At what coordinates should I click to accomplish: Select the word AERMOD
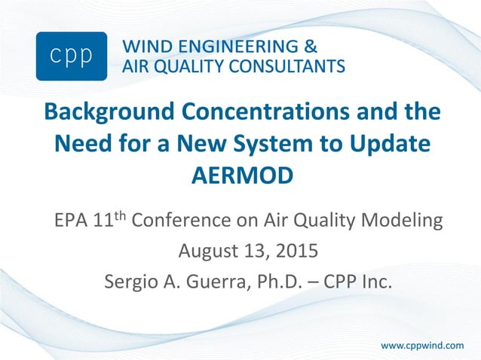pyautogui.click(x=240, y=175)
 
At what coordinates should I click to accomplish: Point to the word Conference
pyautogui.click(x=190, y=221)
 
